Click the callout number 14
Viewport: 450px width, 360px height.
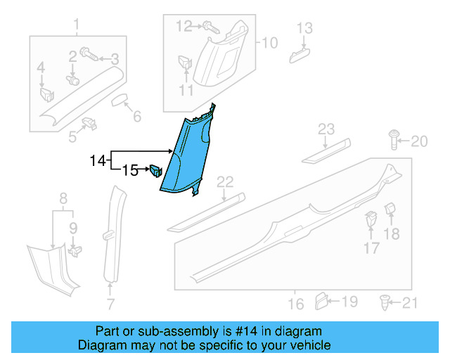pos(98,161)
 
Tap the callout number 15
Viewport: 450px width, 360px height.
pos(131,169)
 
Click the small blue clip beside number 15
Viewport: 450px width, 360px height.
pos(155,170)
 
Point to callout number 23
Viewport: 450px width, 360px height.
pos(326,129)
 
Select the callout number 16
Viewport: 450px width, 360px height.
pos(296,304)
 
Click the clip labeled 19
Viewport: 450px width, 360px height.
pos(321,302)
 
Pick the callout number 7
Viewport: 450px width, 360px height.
pos(110,304)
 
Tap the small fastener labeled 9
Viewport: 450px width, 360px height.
pos(77,247)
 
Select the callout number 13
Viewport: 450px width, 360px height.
pos(304,28)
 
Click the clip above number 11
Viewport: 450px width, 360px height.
pos(186,62)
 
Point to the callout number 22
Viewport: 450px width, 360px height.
pos(224,183)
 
